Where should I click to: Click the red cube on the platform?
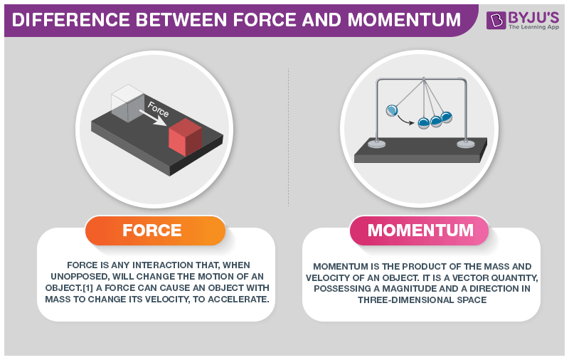tap(185, 137)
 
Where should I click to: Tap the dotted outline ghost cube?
tap(127, 103)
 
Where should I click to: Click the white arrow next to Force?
tap(153, 118)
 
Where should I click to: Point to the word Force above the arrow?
tap(158, 109)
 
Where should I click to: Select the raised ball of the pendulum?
tap(392, 110)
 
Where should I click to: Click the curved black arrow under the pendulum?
tap(405, 120)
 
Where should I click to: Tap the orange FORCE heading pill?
tap(155, 231)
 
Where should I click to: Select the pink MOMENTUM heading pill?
tap(420, 231)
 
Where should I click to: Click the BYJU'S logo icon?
tap(496, 20)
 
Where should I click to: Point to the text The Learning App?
tap(533, 27)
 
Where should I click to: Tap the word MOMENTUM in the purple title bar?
tap(404, 20)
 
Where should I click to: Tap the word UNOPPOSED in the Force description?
tap(80, 277)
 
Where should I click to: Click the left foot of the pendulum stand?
tap(377, 144)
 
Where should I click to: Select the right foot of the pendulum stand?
tap(466, 144)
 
